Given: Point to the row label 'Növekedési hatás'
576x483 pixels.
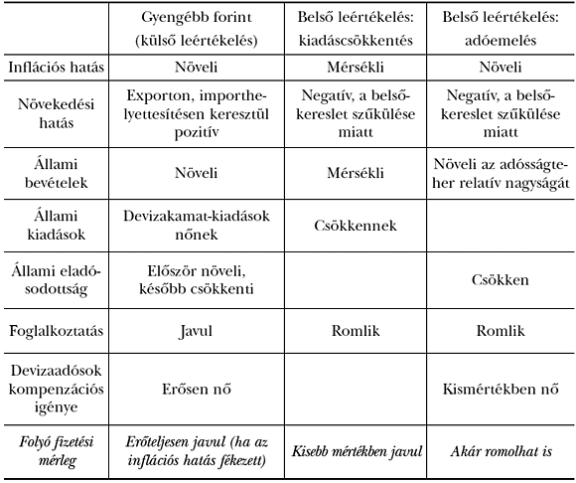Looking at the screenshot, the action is coord(58,111).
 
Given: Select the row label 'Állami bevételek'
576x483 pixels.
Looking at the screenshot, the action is coord(58,170).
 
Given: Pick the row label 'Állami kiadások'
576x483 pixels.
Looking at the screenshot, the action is coord(58,225).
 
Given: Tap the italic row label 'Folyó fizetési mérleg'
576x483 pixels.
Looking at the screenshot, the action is coord(58,450).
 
